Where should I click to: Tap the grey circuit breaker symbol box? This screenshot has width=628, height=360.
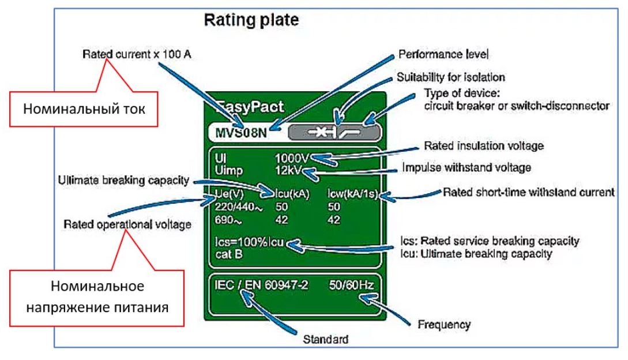click(335, 133)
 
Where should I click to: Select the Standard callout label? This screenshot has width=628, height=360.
click(325, 340)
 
